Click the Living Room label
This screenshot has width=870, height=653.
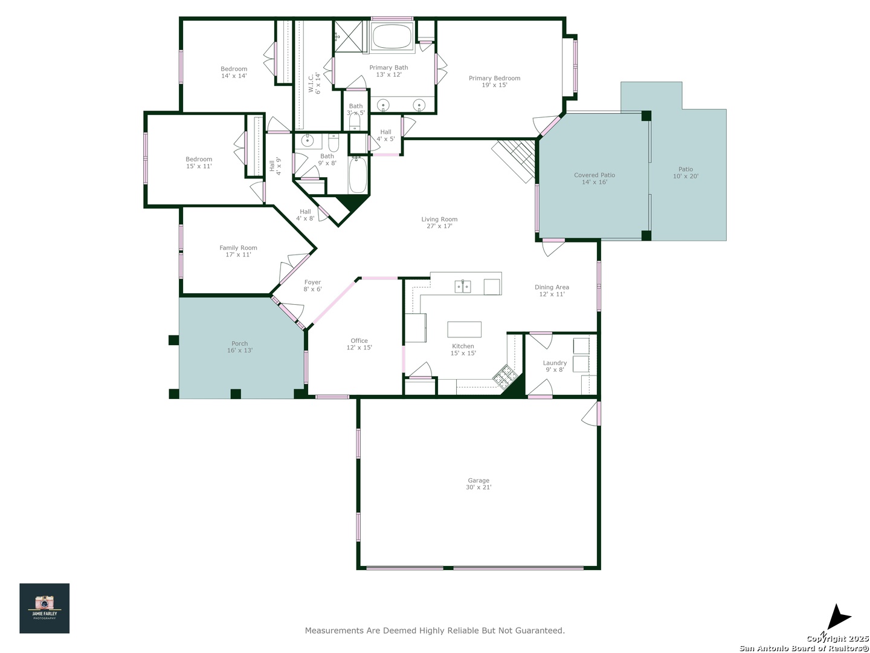[439, 223]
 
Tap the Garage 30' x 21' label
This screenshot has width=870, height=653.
[478, 483]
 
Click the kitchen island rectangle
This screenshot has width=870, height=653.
[464, 329]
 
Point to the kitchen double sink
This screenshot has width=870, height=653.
[463, 286]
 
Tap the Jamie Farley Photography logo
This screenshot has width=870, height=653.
[44, 608]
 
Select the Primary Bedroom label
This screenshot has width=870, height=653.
[494, 81]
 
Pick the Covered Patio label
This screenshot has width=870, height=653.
[594, 178]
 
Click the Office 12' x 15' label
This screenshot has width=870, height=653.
[359, 344]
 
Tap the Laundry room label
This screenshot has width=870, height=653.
[555, 366]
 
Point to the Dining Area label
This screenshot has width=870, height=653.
[552, 290]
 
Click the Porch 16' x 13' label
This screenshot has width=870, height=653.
[239, 346]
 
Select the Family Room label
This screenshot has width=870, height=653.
[238, 251]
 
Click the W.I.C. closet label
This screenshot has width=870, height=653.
[314, 83]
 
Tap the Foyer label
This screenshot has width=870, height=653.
[312, 285]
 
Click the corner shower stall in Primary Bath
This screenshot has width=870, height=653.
[348, 36]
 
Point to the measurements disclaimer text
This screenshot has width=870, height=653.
[435, 630]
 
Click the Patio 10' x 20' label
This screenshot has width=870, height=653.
[685, 172]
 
